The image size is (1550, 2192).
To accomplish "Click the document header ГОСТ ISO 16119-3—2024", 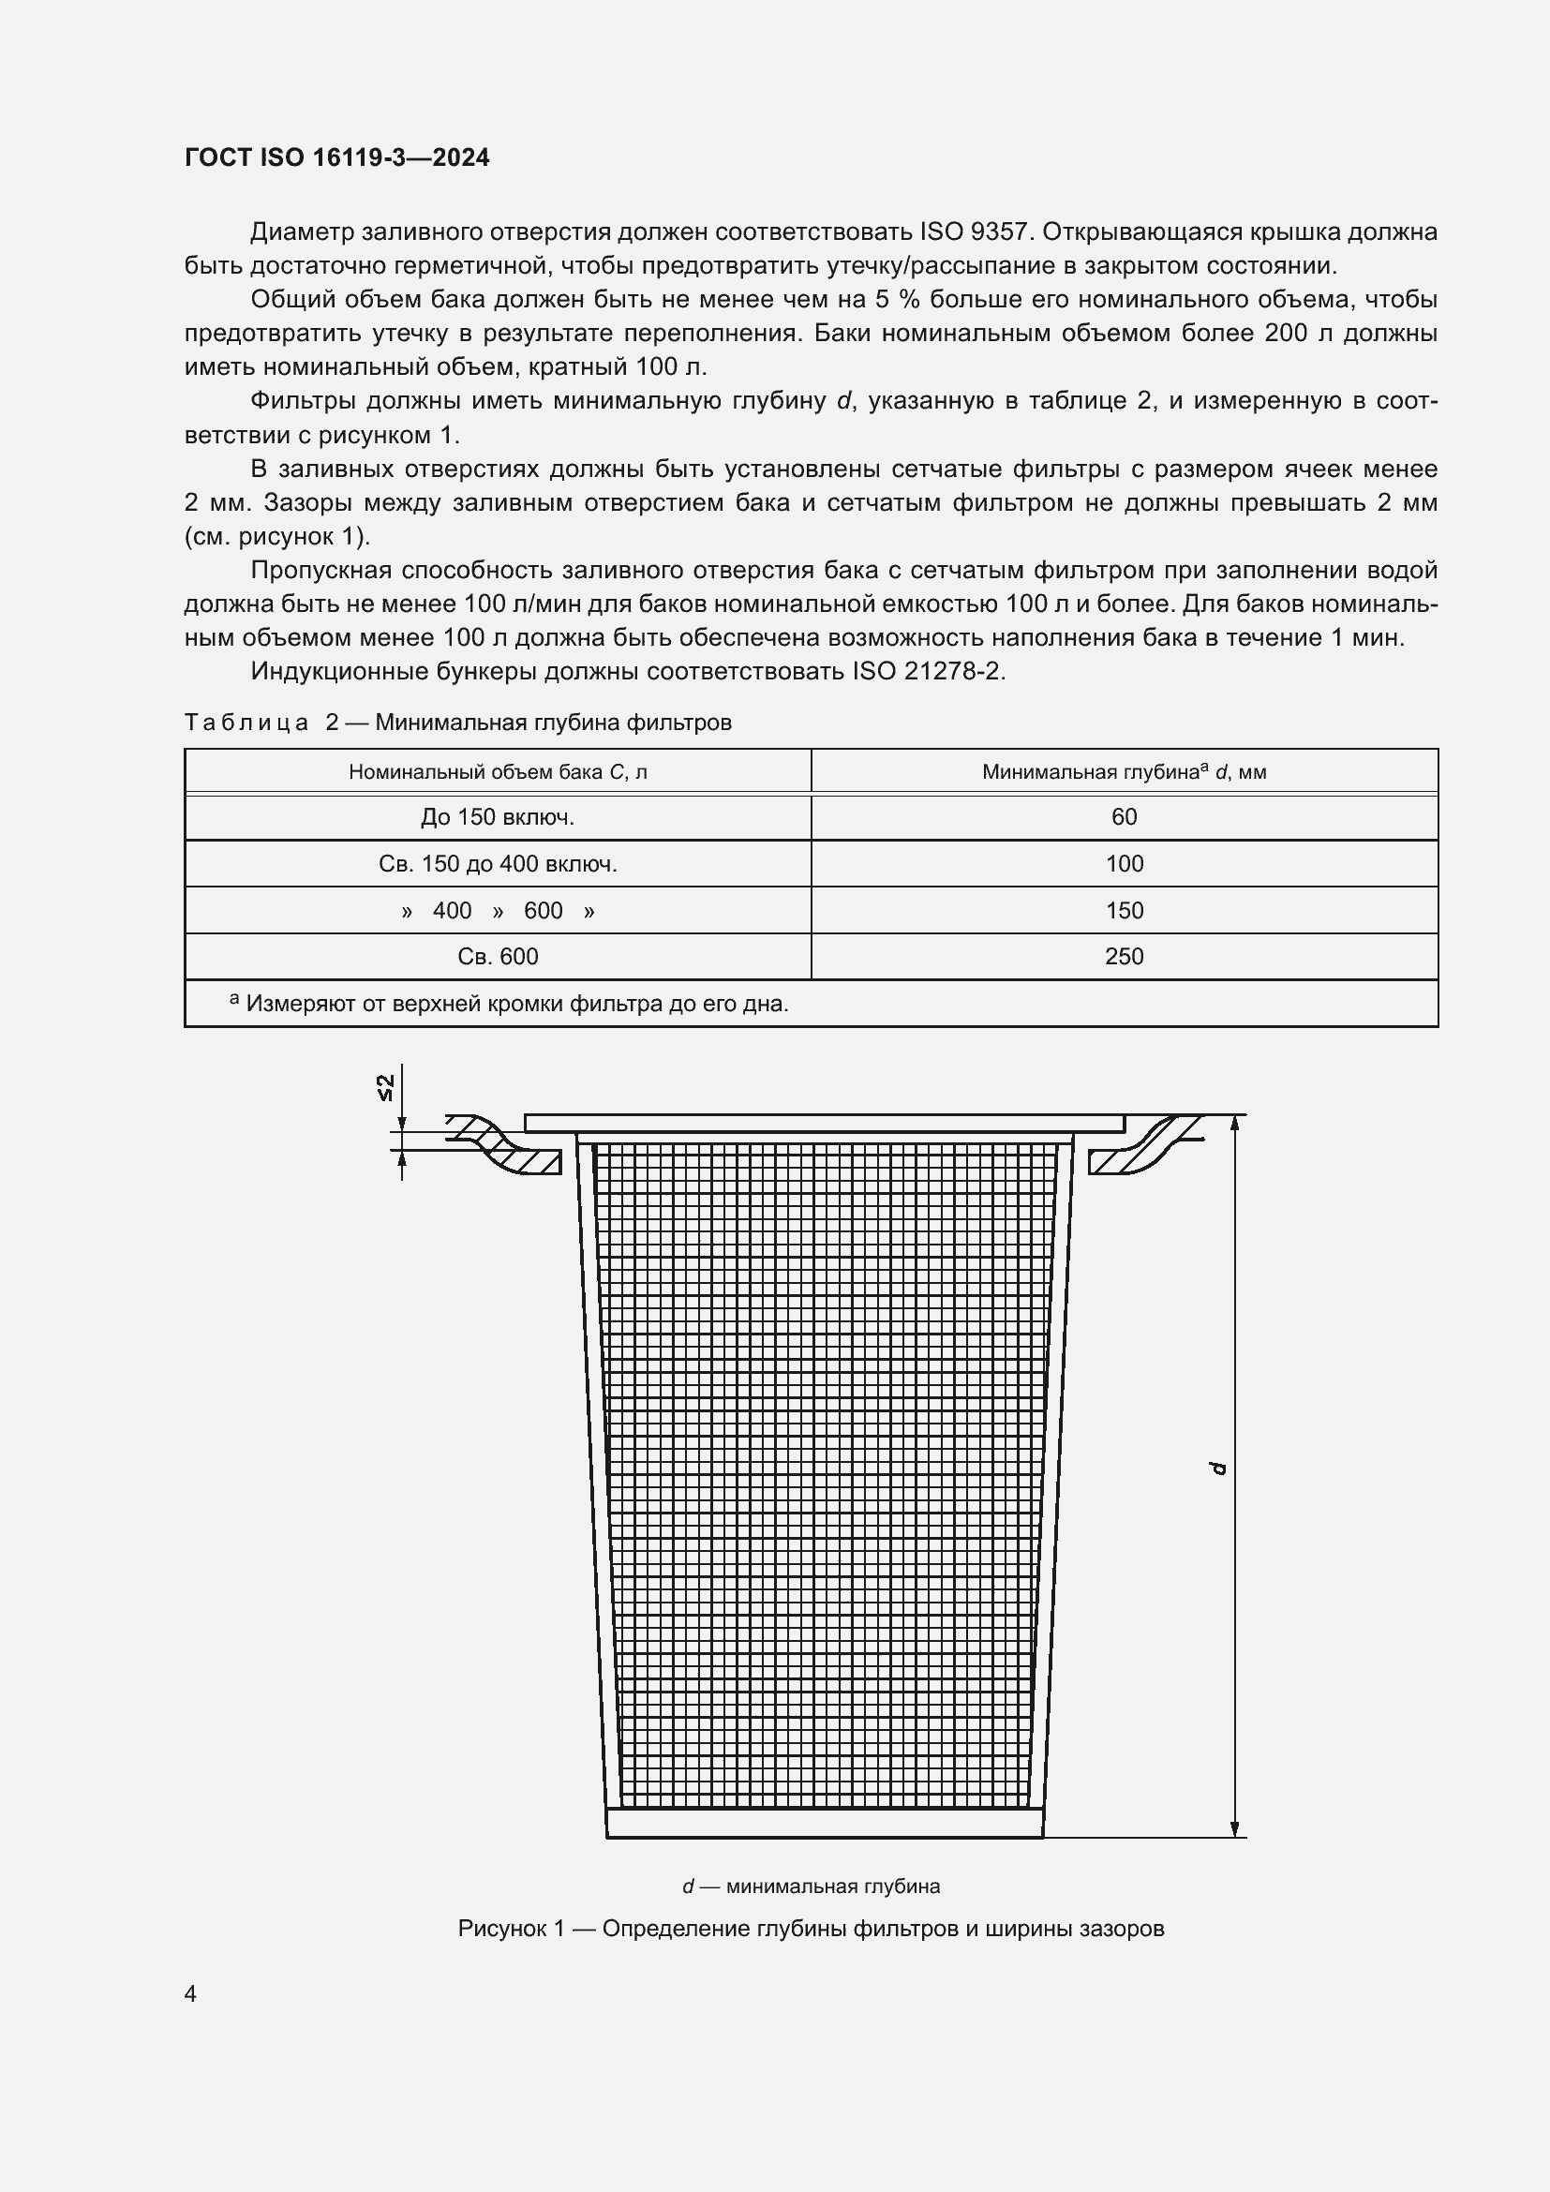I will pyautogui.click(x=336, y=158).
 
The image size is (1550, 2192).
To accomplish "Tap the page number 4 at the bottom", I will pyautogui.click(x=190, y=1993).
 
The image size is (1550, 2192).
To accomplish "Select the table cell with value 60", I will pyautogui.click(x=1124, y=817).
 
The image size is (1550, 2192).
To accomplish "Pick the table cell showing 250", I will pyautogui.click(x=1124, y=957).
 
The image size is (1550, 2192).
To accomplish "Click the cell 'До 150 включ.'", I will pyautogui.click(x=498, y=817).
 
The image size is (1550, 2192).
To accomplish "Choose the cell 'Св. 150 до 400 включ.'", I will pyautogui.click(x=498, y=864).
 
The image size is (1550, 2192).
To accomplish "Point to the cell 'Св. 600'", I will pyautogui.click(x=498, y=957).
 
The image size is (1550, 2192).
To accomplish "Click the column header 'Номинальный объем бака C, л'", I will pyautogui.click(x=498, y=771).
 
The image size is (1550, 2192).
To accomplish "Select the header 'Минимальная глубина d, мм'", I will pyautogui.click(x=1124, y=771).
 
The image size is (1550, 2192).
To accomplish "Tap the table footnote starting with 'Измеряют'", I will pyautogui.click(x=515, y=1004).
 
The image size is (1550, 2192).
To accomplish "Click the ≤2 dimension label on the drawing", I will pyautogui.click(x=385, y=1087).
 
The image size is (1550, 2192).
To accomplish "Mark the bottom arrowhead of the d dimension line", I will pyautogui.click(x=1235, y=1827).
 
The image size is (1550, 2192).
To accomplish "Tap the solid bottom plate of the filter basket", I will pyautogui.click(x=825, y=1823).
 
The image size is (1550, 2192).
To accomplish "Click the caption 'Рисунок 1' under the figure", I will pyautogui.click(x=811, y=1929).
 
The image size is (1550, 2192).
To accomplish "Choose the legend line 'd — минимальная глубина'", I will pyautogui.click(x=811, y=1886).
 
